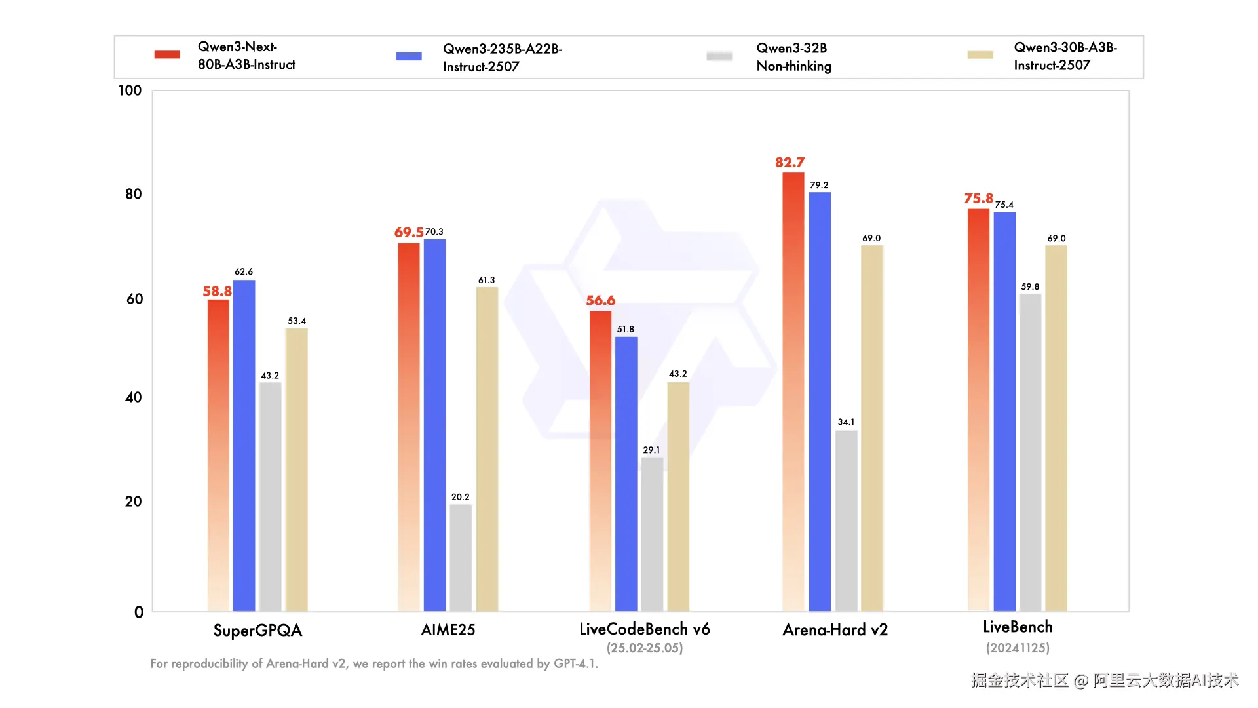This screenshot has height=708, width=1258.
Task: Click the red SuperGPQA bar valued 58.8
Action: click(219, 456)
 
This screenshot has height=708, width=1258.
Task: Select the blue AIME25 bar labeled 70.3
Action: click(434, 425)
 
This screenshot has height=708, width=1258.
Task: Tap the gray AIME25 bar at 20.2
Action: click(461, 558)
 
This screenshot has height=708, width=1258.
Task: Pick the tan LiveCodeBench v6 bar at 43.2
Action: click(678, 497)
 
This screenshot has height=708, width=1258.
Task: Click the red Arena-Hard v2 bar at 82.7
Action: click(793, 392)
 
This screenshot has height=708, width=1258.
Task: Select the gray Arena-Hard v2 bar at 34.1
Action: click(846, 521)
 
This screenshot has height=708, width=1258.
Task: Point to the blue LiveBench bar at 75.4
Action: click(1004, 412)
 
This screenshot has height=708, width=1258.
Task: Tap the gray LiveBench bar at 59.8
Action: click(1030, 453)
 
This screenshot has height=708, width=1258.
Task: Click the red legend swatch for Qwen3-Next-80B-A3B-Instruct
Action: click(167, 54)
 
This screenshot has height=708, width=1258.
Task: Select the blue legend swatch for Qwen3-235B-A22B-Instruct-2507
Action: click(409, 56)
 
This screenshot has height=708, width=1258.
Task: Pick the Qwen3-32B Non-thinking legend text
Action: click(793, 57)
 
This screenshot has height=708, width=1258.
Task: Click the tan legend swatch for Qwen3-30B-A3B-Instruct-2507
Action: click(980, 55)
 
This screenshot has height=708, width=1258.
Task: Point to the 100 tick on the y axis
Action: click(130, 90)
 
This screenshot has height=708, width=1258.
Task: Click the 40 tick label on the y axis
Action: click(134, 397)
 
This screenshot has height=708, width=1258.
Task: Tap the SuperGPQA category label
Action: click(257, 631)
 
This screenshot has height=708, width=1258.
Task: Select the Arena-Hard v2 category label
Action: click(835, 630)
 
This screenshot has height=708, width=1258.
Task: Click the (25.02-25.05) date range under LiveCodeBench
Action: click(645, 648)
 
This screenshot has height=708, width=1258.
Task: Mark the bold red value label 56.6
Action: click(601, 300)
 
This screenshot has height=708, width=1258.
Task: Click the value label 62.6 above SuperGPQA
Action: click(244, 271)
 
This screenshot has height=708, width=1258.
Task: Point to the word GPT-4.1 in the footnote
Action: click(576, 663)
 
